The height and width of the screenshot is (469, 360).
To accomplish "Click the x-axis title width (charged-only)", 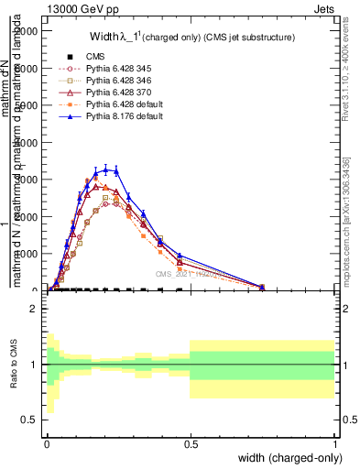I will pos(286,456).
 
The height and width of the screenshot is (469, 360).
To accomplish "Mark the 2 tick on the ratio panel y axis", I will pos(35,309).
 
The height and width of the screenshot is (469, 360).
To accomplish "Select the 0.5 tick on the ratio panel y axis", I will pos(31,420).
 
